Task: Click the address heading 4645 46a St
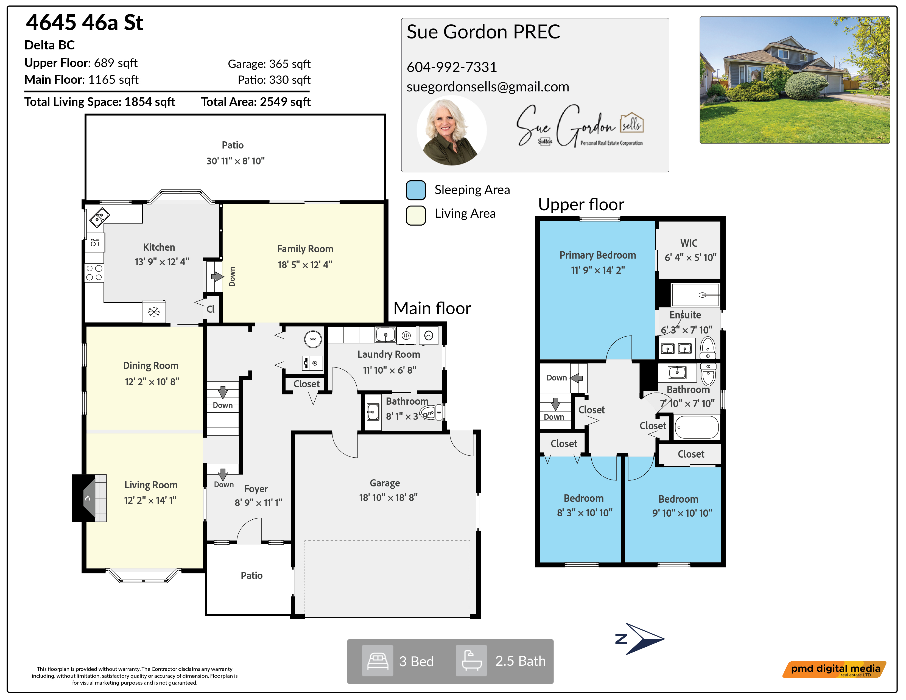[x=85, y=23]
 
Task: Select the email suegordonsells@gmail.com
[x=488, y=87]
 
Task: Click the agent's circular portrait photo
[x=451, y=131]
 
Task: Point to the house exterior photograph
[x=795, y=80]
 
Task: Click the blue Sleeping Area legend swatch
[x=416, y=190]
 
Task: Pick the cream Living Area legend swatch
[x=416, y=215]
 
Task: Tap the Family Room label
[x=305, y=249]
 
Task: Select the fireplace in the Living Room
[x=90, y=498]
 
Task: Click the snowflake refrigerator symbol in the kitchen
[x=154, y=312]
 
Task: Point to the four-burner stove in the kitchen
[x=94, y=273]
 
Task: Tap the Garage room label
[x=385, y=483]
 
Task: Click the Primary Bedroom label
[x=597, y=255]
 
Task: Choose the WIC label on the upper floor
[x=689, y=243]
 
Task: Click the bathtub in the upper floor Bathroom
[x=697, y=427]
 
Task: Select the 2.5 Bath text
[x=520, y=661]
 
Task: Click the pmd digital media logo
[x=835, y=669]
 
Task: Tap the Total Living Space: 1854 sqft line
[x=100, y=102]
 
